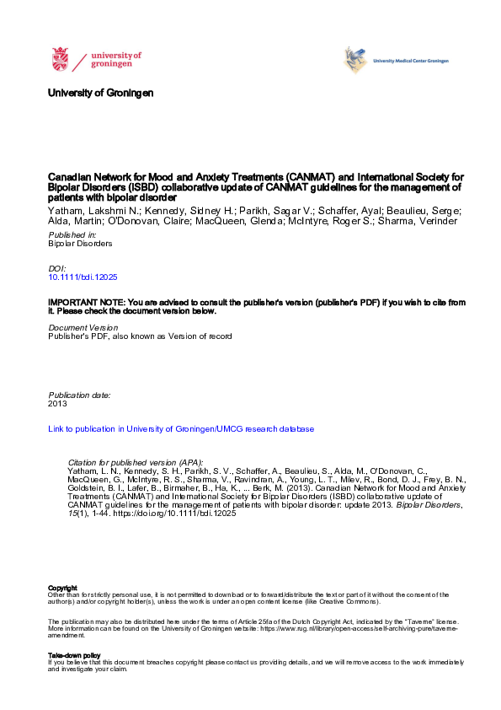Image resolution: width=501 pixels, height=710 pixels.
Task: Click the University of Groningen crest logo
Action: click(60, 59)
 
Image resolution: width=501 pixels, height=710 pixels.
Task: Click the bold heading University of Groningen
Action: click(101, 92)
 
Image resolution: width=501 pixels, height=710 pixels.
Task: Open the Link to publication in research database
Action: click(181, 428)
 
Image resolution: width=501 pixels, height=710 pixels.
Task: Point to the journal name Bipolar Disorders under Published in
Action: click(80, 243)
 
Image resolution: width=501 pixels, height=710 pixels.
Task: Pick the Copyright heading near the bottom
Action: click(63, 588)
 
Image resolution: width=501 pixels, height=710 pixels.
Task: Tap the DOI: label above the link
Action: click(58, 266)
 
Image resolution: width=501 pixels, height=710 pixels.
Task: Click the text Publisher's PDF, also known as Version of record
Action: click(139, 336)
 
